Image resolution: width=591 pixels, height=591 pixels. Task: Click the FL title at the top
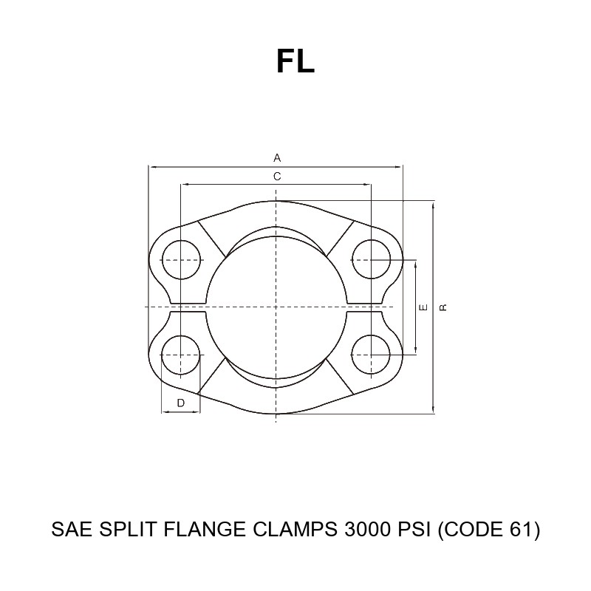pyautogui.click(x=295, y=61)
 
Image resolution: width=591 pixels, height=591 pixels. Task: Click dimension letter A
pyautogui.click(x=277, y=157)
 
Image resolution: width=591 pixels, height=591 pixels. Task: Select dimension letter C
pyautogui.click(x=277, y=177)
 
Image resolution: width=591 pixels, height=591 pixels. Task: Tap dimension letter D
pyautogui.click(x=180, y=403)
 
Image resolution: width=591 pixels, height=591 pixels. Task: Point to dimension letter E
pyautogui.click(x=423, y=307)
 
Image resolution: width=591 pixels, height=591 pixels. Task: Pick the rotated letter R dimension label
pyautogui.click(x=443, y=307)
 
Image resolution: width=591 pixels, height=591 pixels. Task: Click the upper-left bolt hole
pyautogui.click(x=181, y=260)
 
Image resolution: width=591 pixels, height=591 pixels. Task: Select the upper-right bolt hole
pyautogui.click(x=372, y=259)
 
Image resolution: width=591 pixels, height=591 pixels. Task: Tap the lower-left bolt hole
pyautogui.click(x=180, y=355)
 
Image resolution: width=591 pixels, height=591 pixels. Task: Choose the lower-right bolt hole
pyautogui.click(x=372, y=355)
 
